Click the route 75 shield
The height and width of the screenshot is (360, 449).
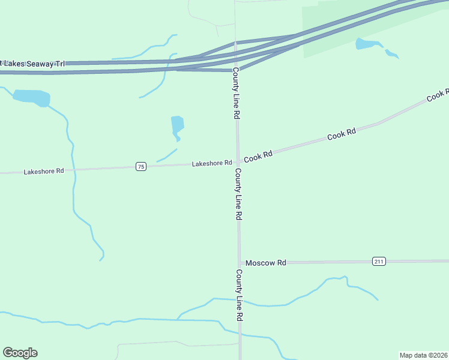click(x=140, y=166)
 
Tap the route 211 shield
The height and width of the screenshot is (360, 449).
click(x=378, y=261)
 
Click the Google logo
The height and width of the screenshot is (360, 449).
click(x=20, y=353)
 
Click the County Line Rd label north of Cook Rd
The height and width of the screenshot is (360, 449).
click(x=237, y=93)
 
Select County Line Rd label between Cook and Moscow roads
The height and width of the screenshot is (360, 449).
click(x=238, y=193)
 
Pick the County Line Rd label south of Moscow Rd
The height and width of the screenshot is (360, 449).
click(x=239, y=295)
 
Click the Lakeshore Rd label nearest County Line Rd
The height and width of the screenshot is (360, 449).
click(x=212, y=163)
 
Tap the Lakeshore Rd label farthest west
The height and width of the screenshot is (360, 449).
click(x=43, y=171)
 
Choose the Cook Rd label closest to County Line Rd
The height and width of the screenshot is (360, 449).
click(x=258, y=154)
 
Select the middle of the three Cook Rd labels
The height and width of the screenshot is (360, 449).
click(x=342, y=134)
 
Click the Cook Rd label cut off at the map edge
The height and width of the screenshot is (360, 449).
click(x=438, y=95)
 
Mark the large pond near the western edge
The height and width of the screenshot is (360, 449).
click(x=31, y=97)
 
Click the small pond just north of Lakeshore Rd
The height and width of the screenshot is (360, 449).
click(x=177, y=127)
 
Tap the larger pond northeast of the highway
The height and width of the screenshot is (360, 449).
click(x=367, y=43)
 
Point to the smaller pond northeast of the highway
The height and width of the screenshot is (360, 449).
click(x=391, y=54)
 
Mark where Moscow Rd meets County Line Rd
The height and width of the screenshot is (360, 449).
click(x=240, y=263)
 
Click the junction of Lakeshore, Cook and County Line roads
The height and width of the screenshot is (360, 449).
click(x=238, y=161)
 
